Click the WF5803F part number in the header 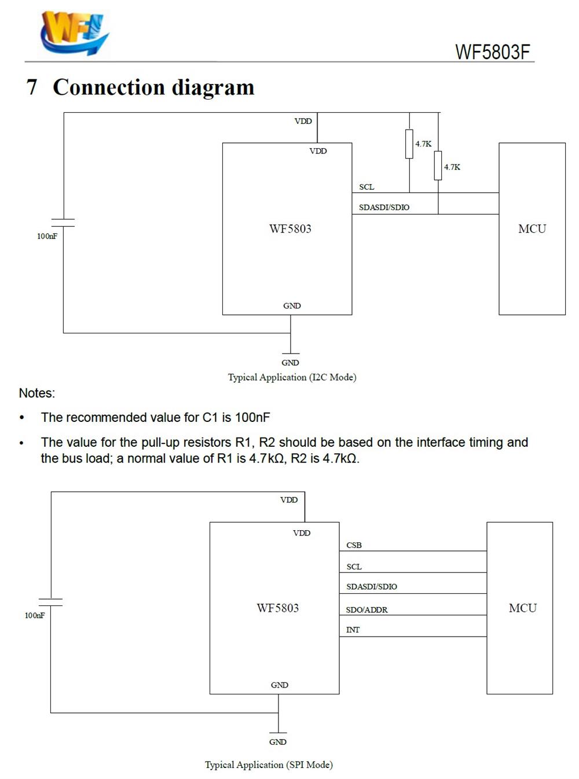click(493, 52)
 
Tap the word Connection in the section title click(109, 87)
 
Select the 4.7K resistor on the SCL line click(409, 144)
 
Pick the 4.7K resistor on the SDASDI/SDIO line click(438, 166)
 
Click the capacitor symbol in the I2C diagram click(63, 223)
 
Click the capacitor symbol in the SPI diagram click(50, 602)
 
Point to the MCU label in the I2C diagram click(532, 229)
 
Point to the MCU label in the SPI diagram click(522, 608)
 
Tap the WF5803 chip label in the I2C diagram click(290, 229)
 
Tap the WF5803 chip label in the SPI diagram click(277, 608)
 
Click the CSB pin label click(354, 545)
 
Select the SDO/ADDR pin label click(367, 610)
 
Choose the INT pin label click(353, 630)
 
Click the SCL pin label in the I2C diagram click(367, 187)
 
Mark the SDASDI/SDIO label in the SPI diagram click(371, 586)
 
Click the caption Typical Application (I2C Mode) click(292, 377)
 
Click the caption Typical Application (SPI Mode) click(269, 765)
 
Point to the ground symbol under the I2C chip click(291, 353)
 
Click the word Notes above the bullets click(37, 393)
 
